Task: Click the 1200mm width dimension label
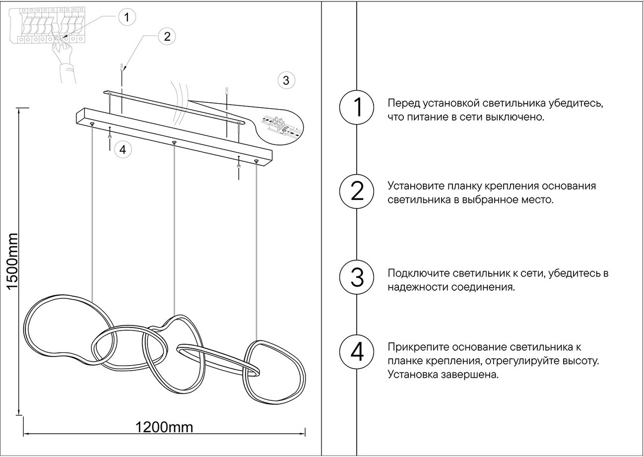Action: (164, 427)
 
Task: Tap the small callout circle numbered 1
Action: (127, 17)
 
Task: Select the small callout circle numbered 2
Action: (167, 36)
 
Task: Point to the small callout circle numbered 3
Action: (286, 80)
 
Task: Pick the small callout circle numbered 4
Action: (123, 149)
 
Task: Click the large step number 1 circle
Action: (357, 107)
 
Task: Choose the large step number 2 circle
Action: (357, 191)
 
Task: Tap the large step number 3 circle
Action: (357, 277)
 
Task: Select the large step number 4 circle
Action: (357, 352)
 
